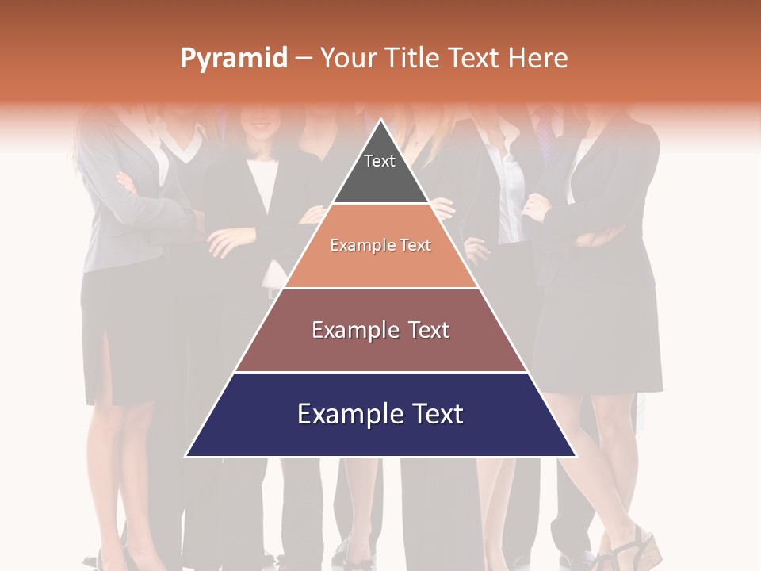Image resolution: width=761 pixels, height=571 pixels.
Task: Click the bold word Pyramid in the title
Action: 233,59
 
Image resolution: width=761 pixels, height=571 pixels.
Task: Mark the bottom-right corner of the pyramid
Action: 575,456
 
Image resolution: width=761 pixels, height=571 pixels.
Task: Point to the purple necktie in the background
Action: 544,135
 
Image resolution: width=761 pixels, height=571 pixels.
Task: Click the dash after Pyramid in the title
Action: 304,59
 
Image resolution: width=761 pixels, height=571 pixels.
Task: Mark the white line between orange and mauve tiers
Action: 380,288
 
